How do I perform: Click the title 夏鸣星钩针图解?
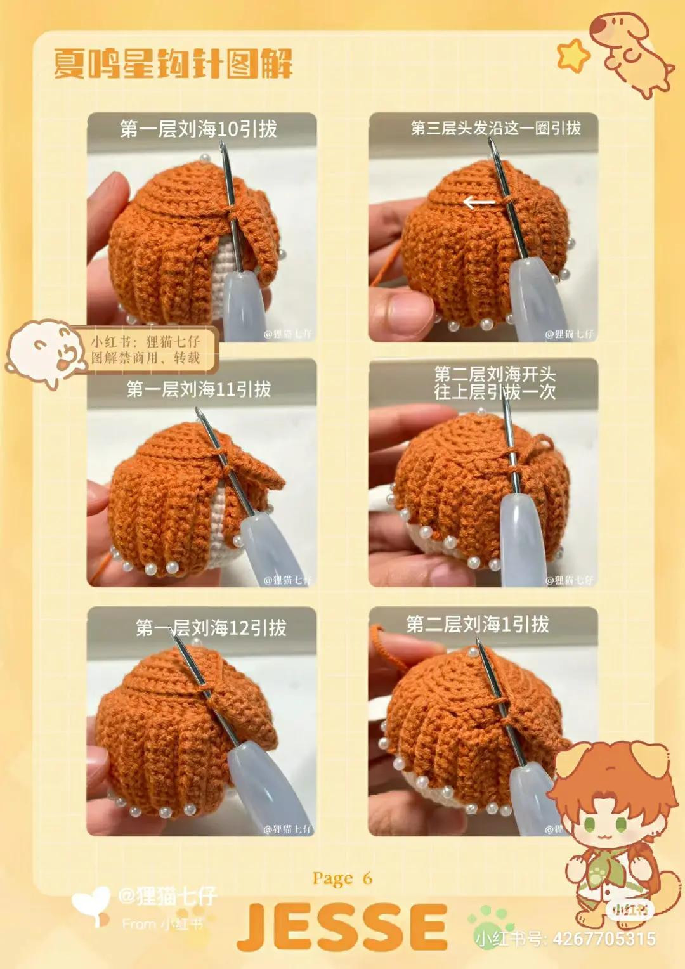click(x=173, y=65)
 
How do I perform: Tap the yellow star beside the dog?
click(x=573, y=55)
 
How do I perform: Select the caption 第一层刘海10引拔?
click(x=199, y=129)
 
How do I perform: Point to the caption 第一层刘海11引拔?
click(x=199, y=389)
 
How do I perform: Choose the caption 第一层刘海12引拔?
click(x=211, y=628)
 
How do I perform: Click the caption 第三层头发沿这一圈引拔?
click(x=495, y=128)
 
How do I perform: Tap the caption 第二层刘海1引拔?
click(x=478, y=625)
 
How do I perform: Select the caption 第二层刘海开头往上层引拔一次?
click(x=495, y=382)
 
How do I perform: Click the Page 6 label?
click(x=342, y=878)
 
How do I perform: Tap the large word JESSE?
click(x=342, y=927)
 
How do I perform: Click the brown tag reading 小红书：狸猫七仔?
click(x=147, y=349)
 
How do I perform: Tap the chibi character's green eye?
click(x=592, y=825)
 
